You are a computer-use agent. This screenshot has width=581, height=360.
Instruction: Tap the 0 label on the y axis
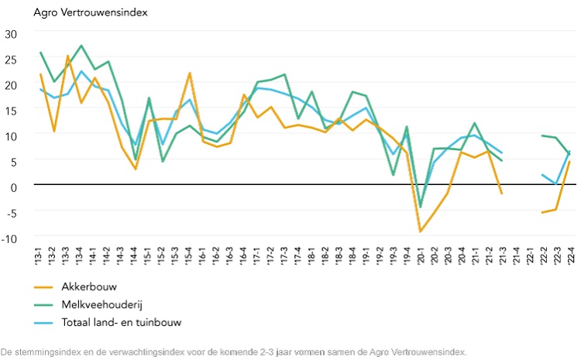coord(13,187)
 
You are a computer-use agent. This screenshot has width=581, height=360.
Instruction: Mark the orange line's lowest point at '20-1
coord(421,231)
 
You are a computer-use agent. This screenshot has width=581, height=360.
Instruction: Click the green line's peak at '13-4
coord(81,46)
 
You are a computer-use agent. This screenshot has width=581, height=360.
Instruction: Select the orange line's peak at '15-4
coord(190,74)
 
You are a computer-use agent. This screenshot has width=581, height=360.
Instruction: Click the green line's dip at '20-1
coord(421,207)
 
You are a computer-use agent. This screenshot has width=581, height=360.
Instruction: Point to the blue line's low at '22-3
coord(556,184)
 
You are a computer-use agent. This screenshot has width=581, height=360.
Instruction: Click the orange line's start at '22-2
coord(542,212)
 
